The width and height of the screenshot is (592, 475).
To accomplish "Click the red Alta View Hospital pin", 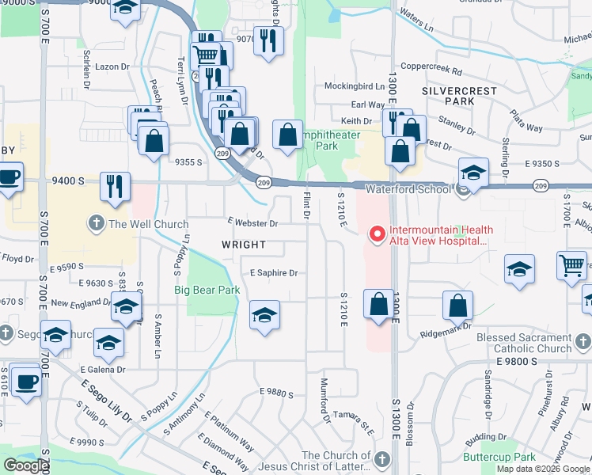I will click(x=377, y=234).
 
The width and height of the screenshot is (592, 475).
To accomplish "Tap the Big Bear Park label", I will click(x=207, y=291).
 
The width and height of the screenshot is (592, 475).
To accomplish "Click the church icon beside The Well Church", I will click(x=97, y=223).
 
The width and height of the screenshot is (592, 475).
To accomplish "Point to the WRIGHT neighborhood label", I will click(x=244, y=246).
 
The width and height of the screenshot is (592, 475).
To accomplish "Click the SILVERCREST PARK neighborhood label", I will click(x=459, y=97).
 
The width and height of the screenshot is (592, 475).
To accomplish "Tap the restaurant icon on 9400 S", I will click(x=116, y=187).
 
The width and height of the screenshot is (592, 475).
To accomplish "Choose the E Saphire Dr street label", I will click(x=273, y=273).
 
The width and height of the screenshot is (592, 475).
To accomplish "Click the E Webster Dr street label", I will click(x=252, y=224).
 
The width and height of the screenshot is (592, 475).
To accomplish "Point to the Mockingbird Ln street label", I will click(x=354, y=85).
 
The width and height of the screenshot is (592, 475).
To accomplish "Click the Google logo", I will click(x=26, y=465).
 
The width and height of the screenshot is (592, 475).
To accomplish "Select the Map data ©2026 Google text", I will click(x=543, y=469).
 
